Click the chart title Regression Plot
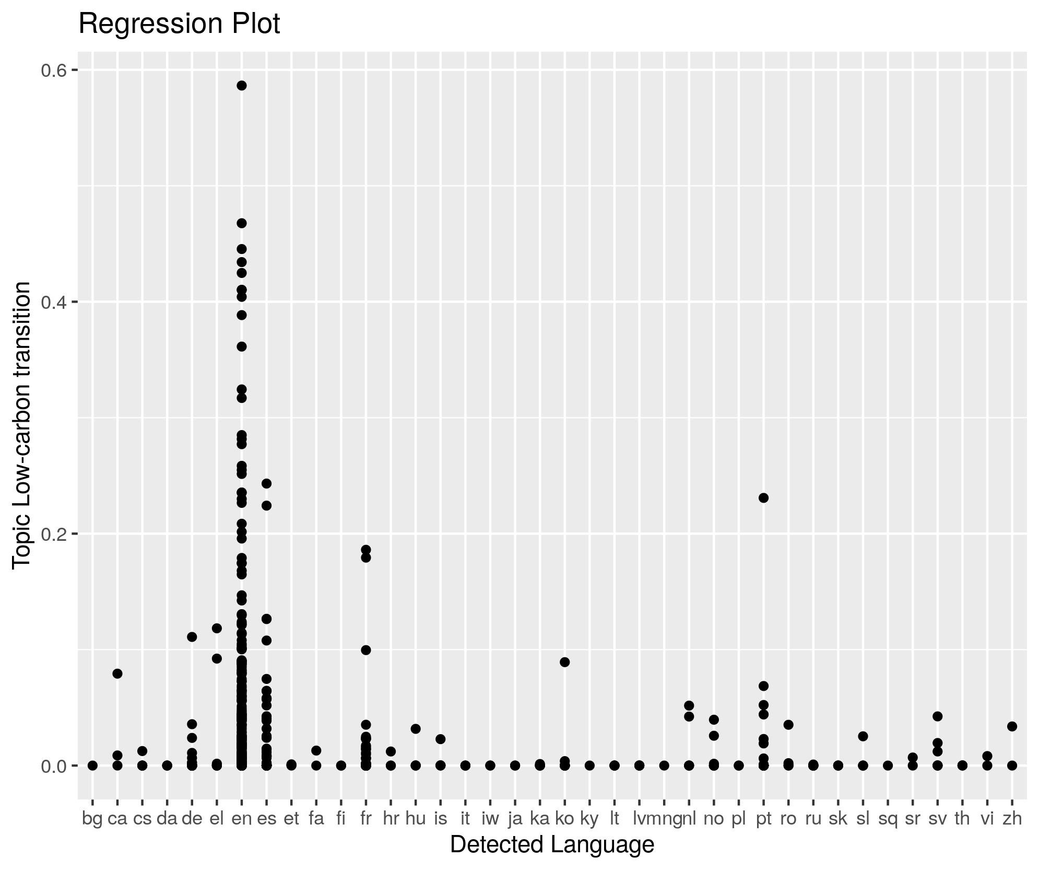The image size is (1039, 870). (179, 24)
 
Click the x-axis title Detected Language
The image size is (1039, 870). (552, 844)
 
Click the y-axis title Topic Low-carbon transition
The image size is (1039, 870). (22, 424)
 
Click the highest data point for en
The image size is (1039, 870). (242, 86)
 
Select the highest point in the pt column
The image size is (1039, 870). (763, 498)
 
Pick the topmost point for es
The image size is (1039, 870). (266, 483)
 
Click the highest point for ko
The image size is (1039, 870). (564, 662)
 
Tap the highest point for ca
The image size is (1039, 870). (117, 674)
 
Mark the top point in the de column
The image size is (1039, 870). (192, 637)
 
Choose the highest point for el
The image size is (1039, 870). (217, 628)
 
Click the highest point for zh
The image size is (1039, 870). (1012, 726)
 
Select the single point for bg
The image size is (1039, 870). (92, 765)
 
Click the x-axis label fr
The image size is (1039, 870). (365, 819)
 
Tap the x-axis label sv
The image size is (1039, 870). (937, 819)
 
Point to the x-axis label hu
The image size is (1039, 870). (416, 819)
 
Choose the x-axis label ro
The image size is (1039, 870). (788, 819)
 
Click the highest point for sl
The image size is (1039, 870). (863, 736)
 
